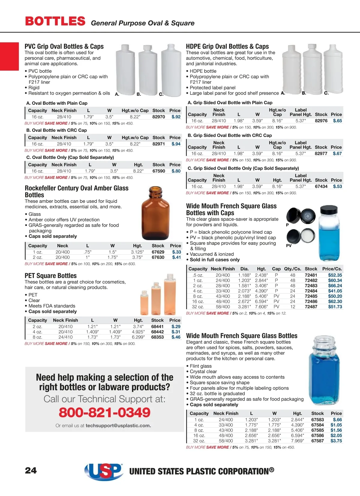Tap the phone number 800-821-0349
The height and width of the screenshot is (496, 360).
click(x=104, y=412)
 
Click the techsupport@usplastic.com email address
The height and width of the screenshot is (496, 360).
click(x=118, y=426)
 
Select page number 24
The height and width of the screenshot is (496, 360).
click(x=31, y=470)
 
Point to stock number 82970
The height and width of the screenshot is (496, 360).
click(x=158, y=117)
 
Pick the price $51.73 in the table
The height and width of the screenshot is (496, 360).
click(x=335, y=307)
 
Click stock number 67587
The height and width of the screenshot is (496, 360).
click(x=317, y=441)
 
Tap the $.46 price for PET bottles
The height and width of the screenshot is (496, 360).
click(x=176, y=337)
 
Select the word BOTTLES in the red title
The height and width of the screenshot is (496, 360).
click(x=55, y=21)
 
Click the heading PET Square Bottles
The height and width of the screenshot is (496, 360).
click(x=51, y=276)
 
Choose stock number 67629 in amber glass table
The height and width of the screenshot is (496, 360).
click(x=158, y=252)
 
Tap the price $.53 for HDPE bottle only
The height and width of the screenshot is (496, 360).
click(x=337, y=186)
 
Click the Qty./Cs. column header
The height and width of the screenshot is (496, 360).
click(x=292, y=269)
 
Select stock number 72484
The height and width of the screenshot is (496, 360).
click(x=311, y=291)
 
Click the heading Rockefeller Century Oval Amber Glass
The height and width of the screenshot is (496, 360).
click(x=76, y=188)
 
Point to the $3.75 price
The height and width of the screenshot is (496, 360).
click(x=336, y=441)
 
